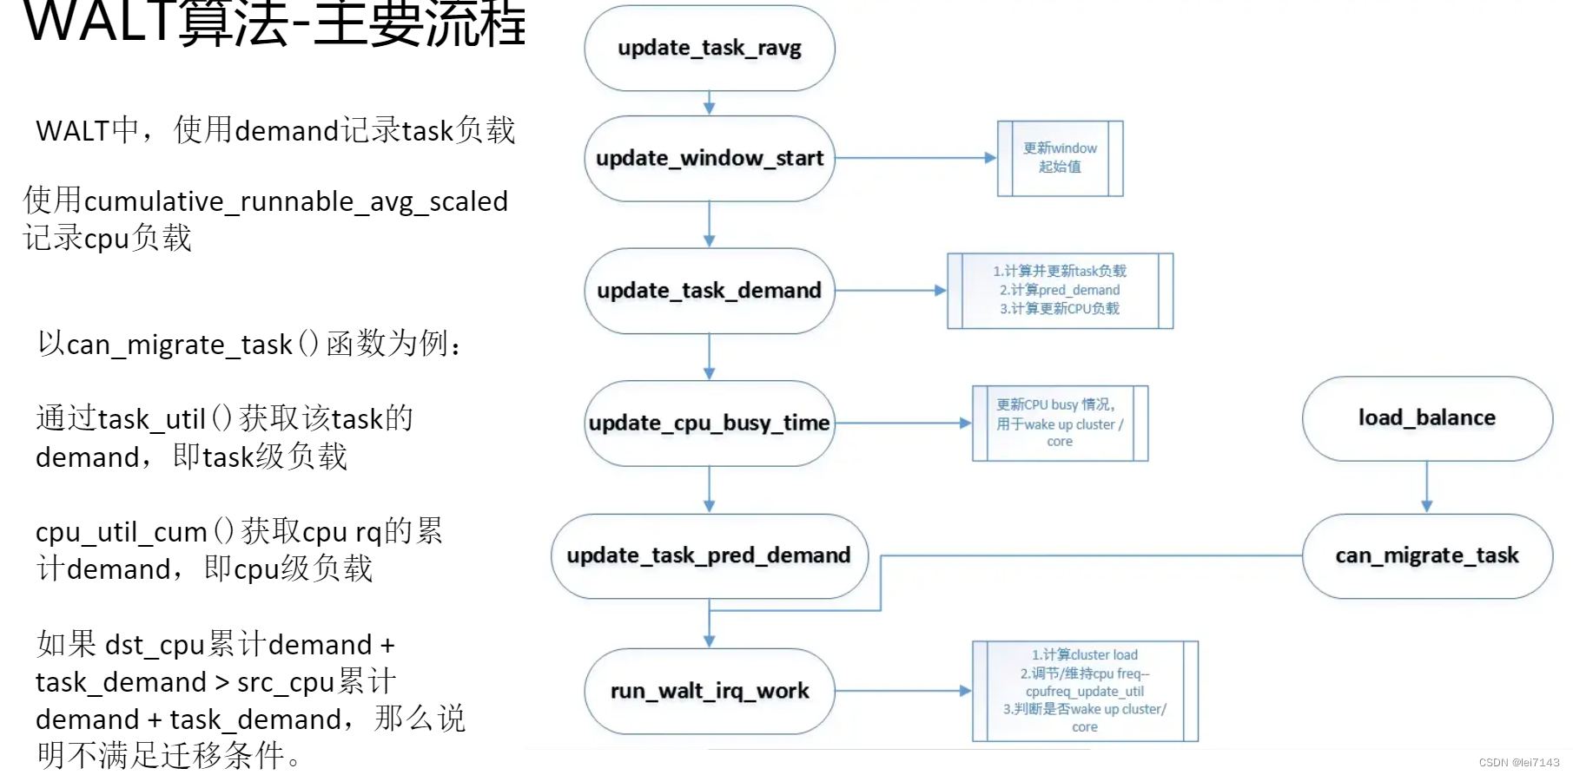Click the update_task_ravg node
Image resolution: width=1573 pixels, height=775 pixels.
point(709,48)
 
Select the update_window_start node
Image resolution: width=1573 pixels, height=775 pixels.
point(709,158)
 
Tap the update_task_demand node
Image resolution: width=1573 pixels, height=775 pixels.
point(709,291)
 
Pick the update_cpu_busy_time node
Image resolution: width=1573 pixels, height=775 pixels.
point(709,423)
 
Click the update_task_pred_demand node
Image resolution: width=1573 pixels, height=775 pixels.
point(709,555)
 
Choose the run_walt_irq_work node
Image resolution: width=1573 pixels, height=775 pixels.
point(709,691)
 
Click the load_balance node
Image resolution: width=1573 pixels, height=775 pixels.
point(1426,418)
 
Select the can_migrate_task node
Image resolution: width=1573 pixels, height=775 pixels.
point(1426,555)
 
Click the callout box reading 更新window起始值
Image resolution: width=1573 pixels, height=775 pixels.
point(1060,158)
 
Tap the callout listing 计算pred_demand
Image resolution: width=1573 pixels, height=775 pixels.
point(1060,291)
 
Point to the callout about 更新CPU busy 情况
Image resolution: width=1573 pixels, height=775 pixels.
point(1060,423)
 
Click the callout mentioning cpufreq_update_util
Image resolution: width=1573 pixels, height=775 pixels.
point(1084,691)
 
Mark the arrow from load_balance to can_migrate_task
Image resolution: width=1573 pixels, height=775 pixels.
point(1426,486)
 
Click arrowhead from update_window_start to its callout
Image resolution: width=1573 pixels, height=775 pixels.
point(990,158)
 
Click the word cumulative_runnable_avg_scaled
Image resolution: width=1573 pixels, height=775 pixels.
point(295,201)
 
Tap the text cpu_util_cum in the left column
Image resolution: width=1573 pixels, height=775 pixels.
point(121,532)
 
